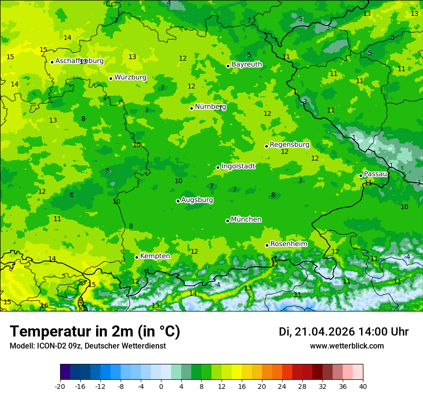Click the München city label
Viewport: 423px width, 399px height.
point(246,220)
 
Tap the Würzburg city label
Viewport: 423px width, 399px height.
point(130,77)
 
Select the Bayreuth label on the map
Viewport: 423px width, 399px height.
point(247,64)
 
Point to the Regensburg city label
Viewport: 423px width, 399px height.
point(289,145)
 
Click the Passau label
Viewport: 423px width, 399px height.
point(375,174)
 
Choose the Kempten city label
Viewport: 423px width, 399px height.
point(155,256)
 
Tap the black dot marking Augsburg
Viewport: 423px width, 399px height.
point(178,201)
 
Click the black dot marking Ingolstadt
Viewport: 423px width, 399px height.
point(218,167)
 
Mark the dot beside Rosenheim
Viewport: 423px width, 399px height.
point(267,245)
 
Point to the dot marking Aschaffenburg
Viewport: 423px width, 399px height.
point(52,62)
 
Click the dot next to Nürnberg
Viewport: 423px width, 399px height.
point(191,108)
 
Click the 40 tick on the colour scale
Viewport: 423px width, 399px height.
point(363,386)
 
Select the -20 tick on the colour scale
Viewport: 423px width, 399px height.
point(60,386)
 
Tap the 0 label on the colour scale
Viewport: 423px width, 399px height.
point(161,386)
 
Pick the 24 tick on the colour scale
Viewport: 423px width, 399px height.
point(282,386)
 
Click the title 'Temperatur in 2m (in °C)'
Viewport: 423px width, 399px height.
point(95,332)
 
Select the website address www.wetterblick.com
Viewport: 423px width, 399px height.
point(347,346)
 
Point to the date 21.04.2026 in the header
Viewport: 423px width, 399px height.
point(324,332)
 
